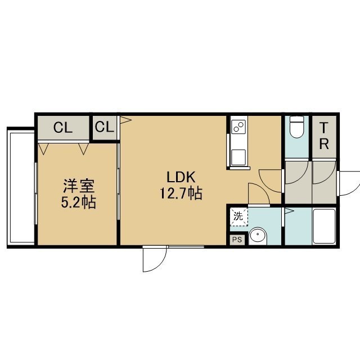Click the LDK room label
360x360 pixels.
(181, 177)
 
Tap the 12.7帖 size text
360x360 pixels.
(181, 193)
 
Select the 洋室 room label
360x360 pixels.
(79, 186)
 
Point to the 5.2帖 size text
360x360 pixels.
(78, 202)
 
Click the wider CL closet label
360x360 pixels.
(63, 128)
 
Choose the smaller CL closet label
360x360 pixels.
(105, 127)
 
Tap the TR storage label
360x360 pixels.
(324, 136)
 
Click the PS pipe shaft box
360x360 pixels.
(237, 240)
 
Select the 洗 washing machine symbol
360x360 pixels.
(238, 217)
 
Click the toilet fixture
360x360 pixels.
(296, 127)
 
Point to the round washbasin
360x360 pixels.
(258, 236)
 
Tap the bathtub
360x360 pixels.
(324, 226)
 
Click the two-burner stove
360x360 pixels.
(239, 127)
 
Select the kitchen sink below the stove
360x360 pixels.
(238, 157)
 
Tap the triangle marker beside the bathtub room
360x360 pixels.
(289, 211)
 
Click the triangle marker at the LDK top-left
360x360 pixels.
(125, 120)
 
